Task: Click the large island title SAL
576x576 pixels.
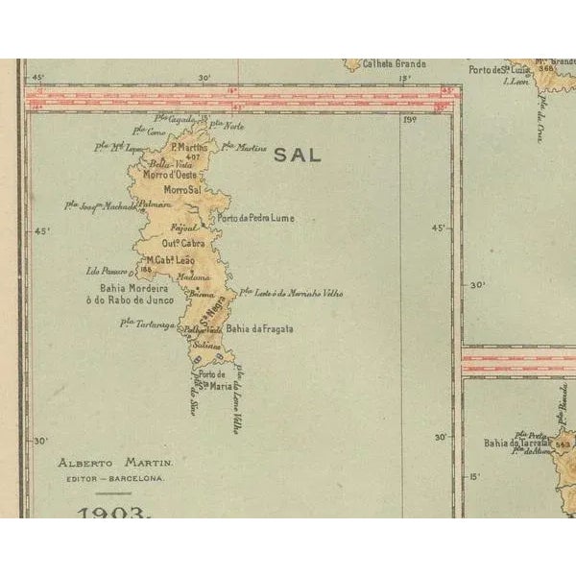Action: tap(298, 156)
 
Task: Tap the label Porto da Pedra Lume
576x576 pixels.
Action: tap(255, 219)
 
